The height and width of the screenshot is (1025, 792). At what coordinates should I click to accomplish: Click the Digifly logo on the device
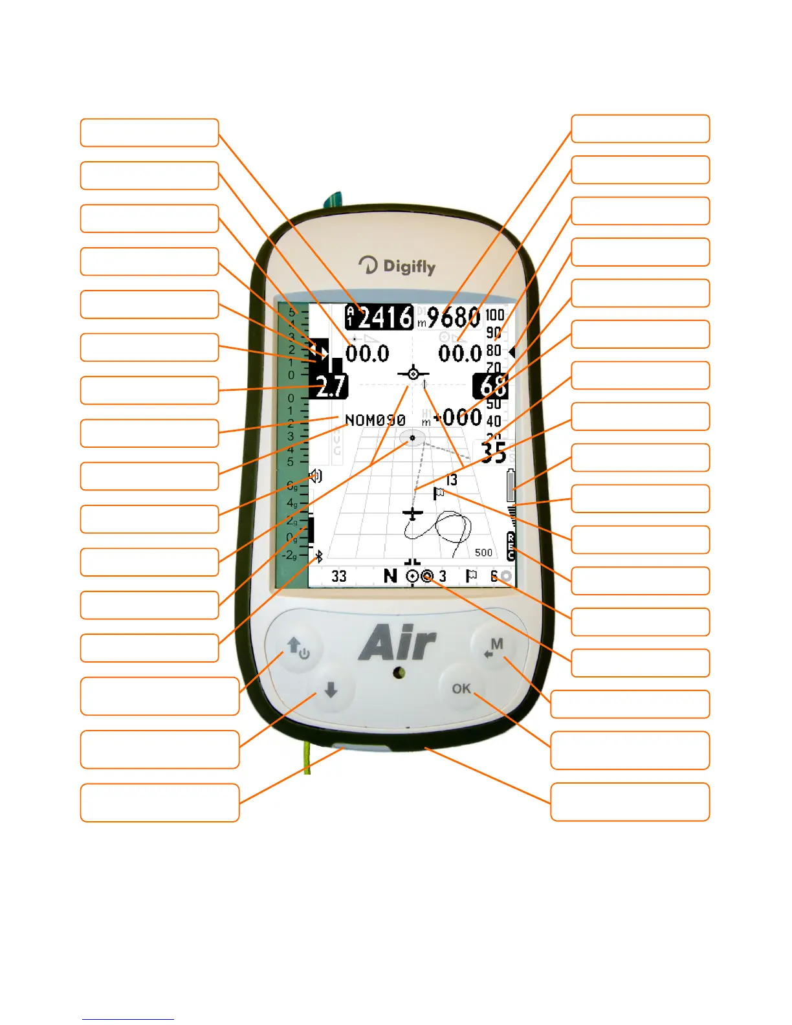pyautogui.click(x=397, y=265)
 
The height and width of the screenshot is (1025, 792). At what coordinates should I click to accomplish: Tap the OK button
pyautogui.click(x=461, y=689)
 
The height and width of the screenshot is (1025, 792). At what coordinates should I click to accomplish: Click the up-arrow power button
pyautogui.click(x=298, y=648)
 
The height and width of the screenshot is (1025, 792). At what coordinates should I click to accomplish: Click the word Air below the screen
pyautogui.click(x=397, y=643)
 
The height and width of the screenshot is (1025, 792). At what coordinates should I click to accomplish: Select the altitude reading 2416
pyautogui.click(x=385, y=317)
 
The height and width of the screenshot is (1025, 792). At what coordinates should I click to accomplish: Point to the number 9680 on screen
pyautogui.click(x=453, y=317)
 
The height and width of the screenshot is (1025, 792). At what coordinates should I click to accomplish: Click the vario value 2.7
pyautogui.click(x=331, y=386)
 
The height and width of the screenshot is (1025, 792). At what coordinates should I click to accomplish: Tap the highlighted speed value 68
pyautogui.click(x=492, y=386)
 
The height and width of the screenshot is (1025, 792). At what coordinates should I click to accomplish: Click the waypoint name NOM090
pyautogui.click(x=375, y=420)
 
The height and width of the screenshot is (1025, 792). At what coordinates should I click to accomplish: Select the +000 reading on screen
pyautogui.click(x=458, y=417)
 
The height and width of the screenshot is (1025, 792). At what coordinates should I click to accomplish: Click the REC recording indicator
pyautogui.click(x=511, y=547)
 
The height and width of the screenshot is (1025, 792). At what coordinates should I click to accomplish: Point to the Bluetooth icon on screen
pyautogui.click(x=318, y=556)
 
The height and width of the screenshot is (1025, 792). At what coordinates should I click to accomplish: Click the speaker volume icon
pyautogui.click(x=315, y=477)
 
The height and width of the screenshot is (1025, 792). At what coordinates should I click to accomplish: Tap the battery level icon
pyautogui.click(x=511, y=485)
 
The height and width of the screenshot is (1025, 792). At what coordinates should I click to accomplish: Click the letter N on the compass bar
pyautogui.click(x=390, y=575)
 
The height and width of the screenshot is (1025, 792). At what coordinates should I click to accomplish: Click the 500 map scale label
pyautogui.click(x=483, y=553)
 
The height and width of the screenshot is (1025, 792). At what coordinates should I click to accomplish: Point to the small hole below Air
pyautogui.click(x=400, y=673)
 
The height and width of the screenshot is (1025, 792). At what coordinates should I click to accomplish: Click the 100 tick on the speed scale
pyautogui.click(x=495, y=315)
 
